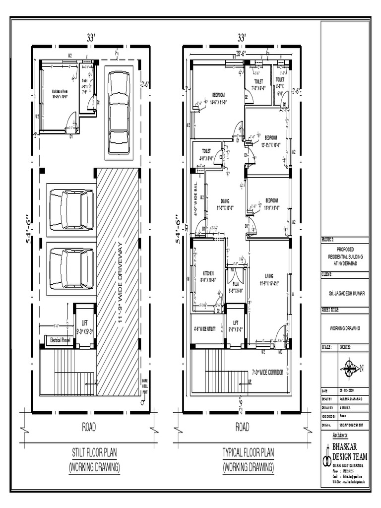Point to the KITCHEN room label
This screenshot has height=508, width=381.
(x=208, y=276)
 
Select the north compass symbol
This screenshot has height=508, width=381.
(x=350, y=368)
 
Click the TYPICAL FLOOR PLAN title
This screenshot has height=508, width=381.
(x=248, y=452)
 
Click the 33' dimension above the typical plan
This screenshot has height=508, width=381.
(x=242, y=37)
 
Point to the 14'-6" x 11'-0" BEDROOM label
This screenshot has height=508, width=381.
(x=218, y=98)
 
